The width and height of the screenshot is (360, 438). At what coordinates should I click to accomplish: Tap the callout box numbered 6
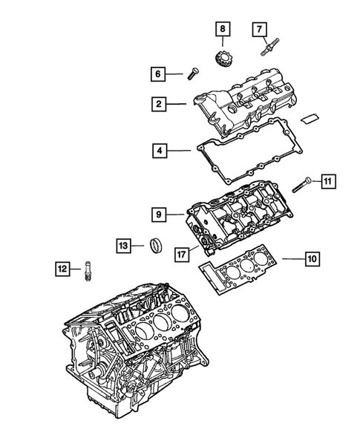pyautogui.click(x=157, y=73)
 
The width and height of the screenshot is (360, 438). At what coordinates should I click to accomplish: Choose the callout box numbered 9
pyautogui.click(x=159, y=215)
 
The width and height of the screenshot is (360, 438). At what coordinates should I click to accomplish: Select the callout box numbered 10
pyautogui.click(x=311, y=258)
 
